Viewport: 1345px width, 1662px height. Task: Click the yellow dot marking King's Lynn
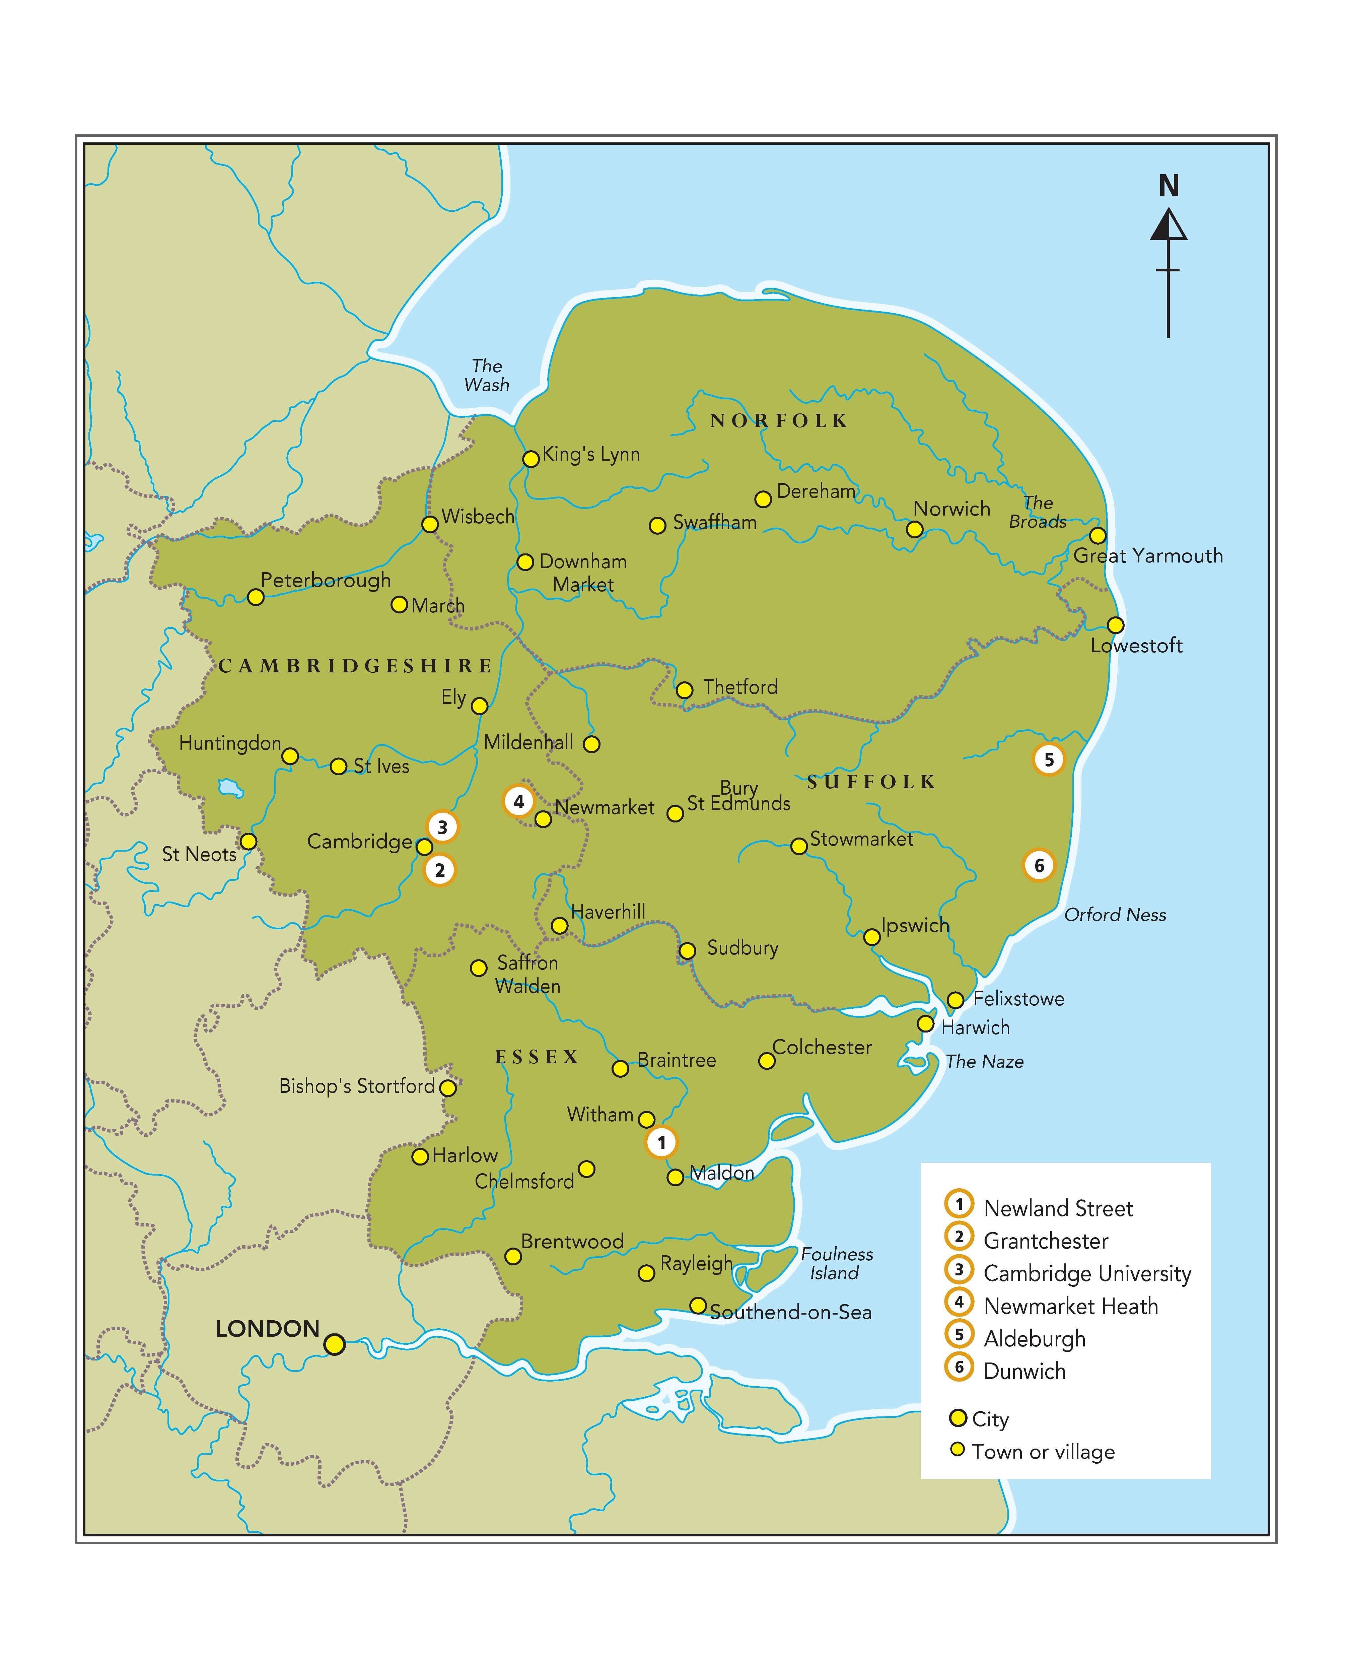[x=531, y=459]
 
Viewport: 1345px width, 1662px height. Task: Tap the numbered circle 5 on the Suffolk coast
[x=1049, y=759]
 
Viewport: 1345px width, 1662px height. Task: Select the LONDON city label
[x=267, y=1329]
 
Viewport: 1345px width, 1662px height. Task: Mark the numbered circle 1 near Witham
[x=661, y=1142]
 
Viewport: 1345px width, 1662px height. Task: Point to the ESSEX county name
[x=537, y=1057]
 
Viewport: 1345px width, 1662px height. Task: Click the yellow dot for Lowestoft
[x=1115, y=624]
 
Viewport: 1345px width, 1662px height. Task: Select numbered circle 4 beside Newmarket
[x=519, y=801]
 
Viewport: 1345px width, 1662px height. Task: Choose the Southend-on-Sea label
[x=790, y=1312]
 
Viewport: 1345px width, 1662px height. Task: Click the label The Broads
[x=1038, y=512]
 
